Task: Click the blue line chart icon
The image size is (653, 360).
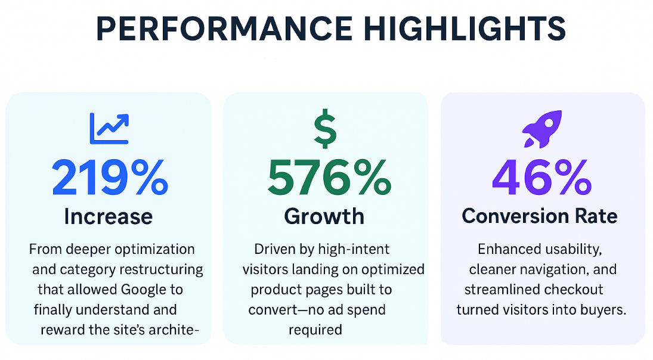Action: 109,128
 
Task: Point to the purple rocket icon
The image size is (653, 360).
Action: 542,129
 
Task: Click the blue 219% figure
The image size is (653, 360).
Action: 109,178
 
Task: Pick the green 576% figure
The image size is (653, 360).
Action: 329,178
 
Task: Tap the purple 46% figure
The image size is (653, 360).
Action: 542,178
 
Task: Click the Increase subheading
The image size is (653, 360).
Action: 108,216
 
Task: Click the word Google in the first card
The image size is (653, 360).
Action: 145,290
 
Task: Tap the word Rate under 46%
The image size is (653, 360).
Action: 598,216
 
